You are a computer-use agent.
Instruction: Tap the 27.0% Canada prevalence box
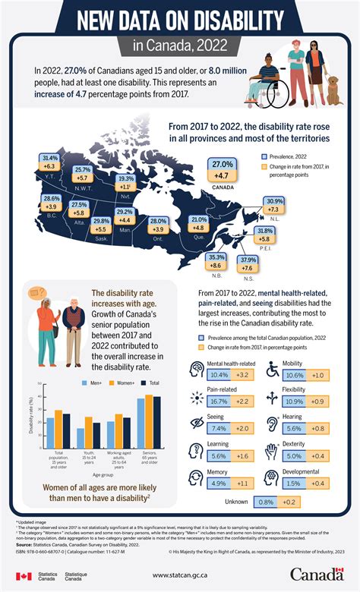pyautogui.click(x=222, y=165)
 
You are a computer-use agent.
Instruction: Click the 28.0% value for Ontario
pyautogui.click(x=157, y=220)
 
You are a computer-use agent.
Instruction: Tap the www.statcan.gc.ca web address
pyautogui.click(x=179, y=576)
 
